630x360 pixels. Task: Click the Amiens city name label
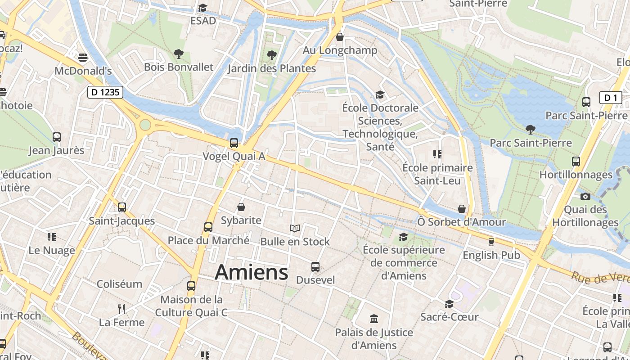pos(252,272)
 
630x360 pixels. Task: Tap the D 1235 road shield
pos(105,93)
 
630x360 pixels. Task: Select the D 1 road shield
pos(610,98)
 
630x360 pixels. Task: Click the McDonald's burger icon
pos(82,57)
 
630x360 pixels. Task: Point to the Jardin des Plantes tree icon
pos(271,55)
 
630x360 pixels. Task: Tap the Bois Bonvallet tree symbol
pos(179,54)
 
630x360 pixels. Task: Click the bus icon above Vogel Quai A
pos(234,143)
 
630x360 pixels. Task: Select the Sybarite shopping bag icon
pos(241,207)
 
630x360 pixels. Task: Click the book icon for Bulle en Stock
pos(295,229)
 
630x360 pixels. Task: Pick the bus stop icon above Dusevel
pos(315,267)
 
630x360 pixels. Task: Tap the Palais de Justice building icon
pos(374,319)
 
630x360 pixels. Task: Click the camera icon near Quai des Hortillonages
pos(585,196)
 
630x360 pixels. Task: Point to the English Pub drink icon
pos(491,242)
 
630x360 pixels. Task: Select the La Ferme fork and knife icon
pos(121,309)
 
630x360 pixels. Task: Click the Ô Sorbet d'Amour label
pos(461,222)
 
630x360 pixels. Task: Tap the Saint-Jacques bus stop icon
pos(121,207)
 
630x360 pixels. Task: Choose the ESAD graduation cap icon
pos(203,8)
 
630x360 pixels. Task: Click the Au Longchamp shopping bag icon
pos(340,37)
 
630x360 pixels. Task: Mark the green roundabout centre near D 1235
pos(145,125)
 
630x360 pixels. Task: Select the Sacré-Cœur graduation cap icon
pos(449,304)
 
